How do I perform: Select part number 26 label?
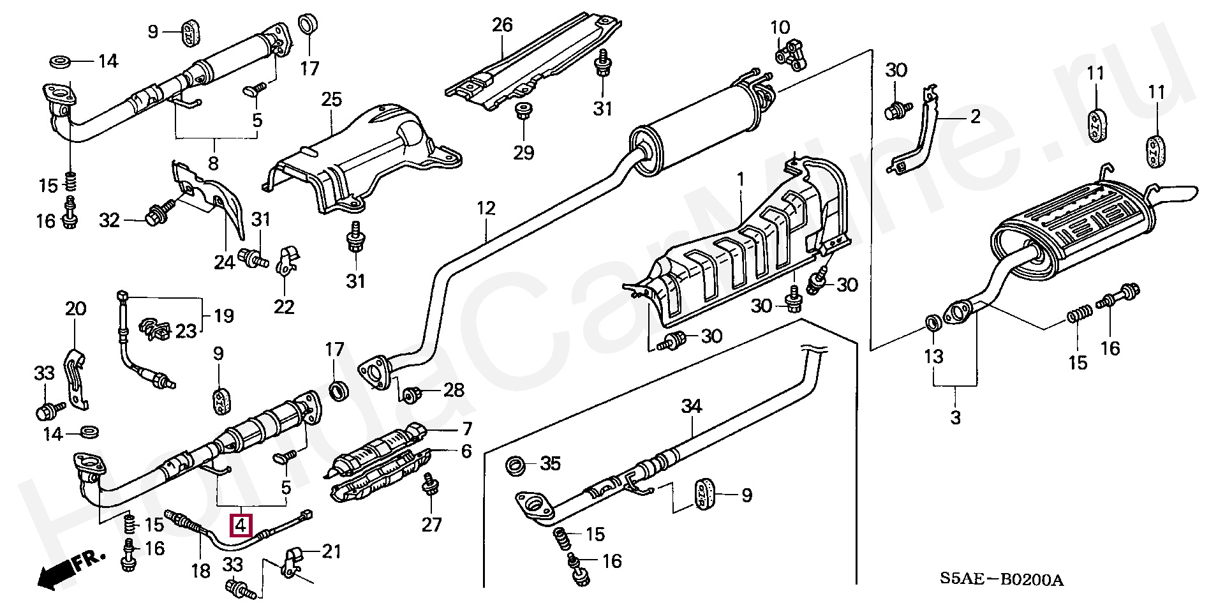click(x=502, y=26)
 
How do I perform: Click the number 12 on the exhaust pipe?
click(x=486, y=208)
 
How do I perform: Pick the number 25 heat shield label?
click(x=332, y=100)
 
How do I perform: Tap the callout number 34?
click(x=691, y=406)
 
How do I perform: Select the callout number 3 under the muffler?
click(x=955, y=418)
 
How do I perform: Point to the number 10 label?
click(x=780, y=27)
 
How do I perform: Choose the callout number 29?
click(x=523, y=153)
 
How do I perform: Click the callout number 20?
click(x=75, y=309)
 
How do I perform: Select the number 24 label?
click(x=224, y=262)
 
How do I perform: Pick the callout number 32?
click(x=110, y=221)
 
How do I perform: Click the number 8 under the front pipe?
click(x=213, y=163)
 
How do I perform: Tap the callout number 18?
click(x=201, y=570)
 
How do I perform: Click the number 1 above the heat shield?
click(x=741, y=181)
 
